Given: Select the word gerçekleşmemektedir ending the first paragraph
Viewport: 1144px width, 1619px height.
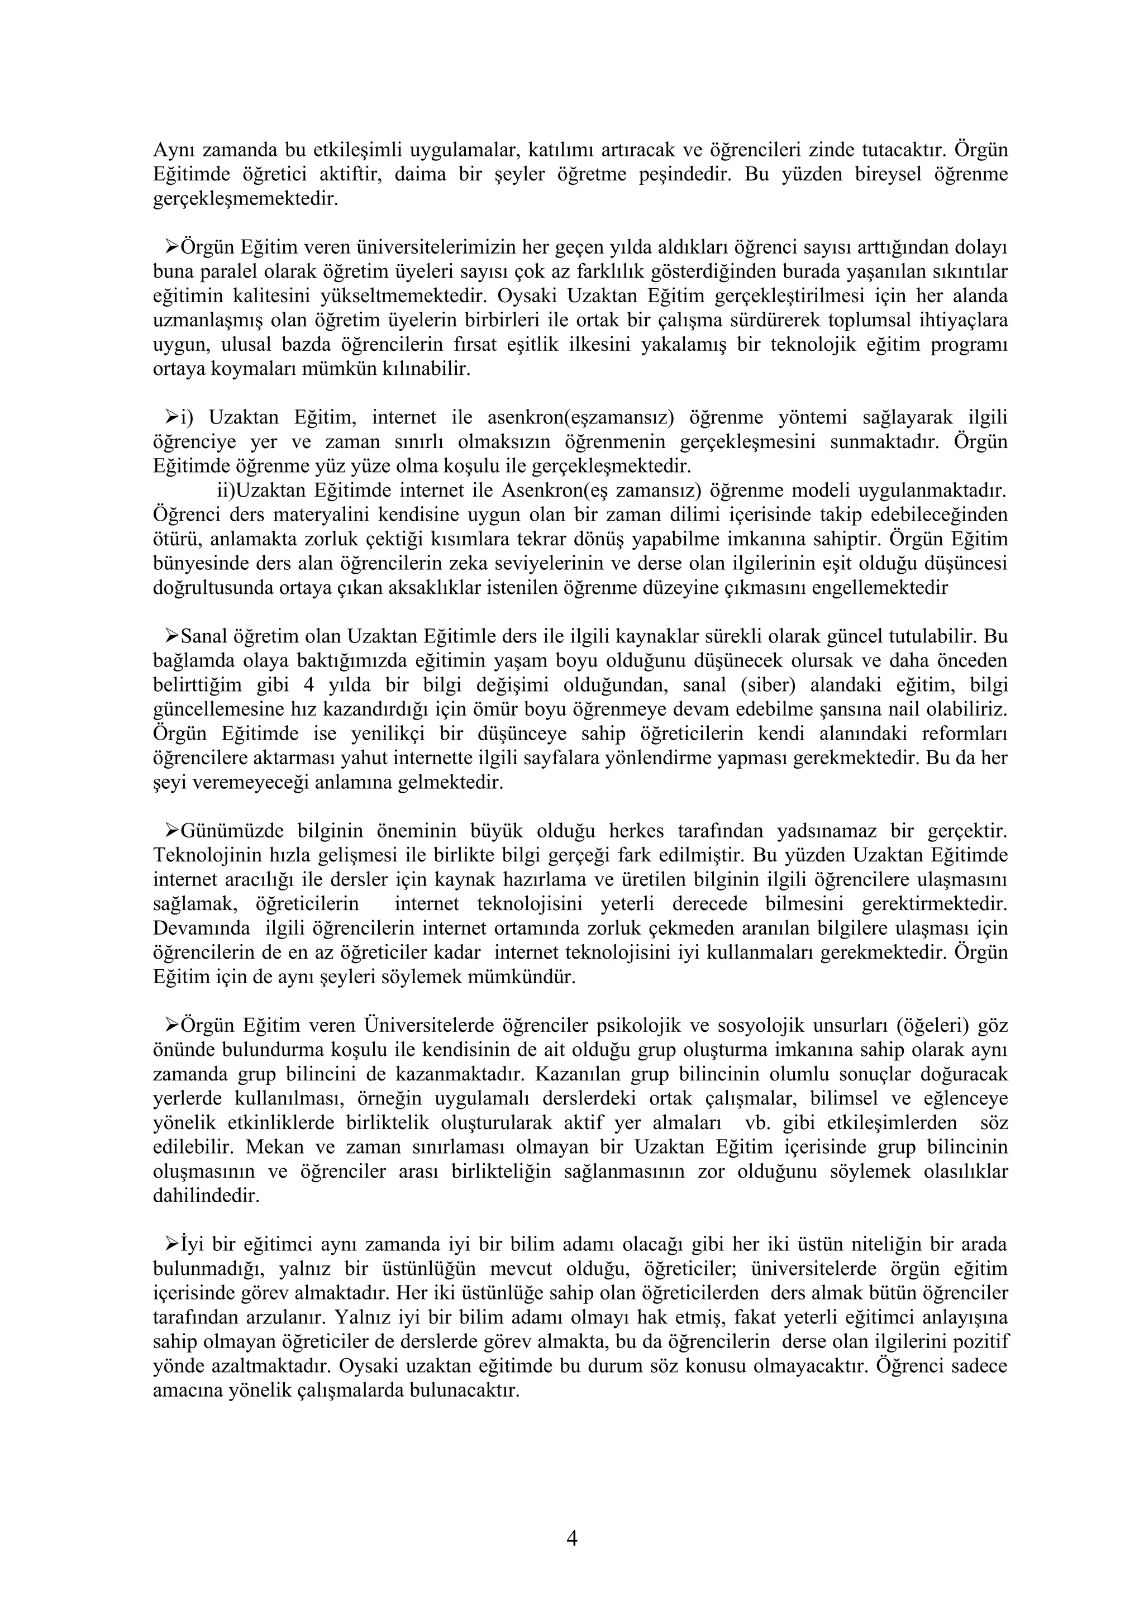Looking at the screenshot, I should click(245, 199).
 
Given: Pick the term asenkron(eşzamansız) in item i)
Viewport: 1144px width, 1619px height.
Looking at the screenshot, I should click(581, 417).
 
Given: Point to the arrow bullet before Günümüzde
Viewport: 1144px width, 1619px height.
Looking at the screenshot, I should click(171, 831).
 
